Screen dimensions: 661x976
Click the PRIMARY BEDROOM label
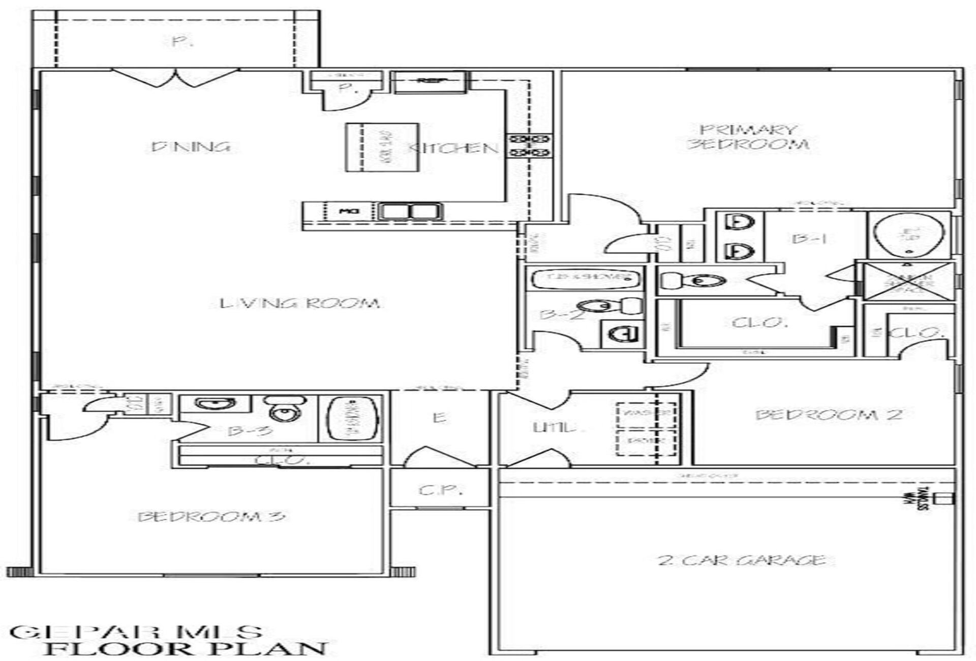747,137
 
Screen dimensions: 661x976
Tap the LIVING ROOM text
300,304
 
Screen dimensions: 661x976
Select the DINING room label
191,147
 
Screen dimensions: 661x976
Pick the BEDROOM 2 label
829,415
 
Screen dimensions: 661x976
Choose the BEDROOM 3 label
211,517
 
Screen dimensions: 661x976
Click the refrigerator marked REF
430,82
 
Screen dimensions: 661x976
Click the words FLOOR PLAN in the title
186,649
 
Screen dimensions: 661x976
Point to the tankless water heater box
946,498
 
